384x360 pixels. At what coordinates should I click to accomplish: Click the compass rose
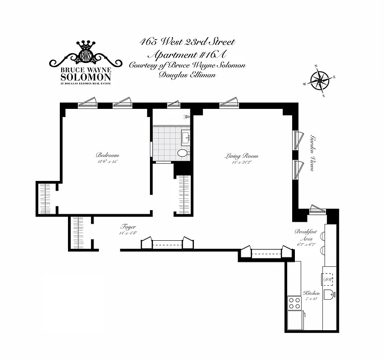coord(319,81)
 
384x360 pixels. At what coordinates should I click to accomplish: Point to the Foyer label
coord(128,227)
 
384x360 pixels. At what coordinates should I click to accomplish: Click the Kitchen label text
coord(312,293)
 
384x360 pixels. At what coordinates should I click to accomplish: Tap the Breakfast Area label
coord(306,234)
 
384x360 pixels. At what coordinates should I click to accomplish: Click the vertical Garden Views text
coord(311,153)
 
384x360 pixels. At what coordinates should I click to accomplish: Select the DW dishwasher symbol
coord(328,279)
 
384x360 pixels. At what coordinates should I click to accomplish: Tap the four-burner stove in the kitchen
coord(294,302)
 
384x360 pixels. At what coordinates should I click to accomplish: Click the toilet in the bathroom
coord(183,153)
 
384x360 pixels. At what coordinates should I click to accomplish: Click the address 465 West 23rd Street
coord(187,43)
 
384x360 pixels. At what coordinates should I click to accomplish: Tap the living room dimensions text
coord(242,162)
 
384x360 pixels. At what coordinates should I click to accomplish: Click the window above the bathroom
coord(173,105)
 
